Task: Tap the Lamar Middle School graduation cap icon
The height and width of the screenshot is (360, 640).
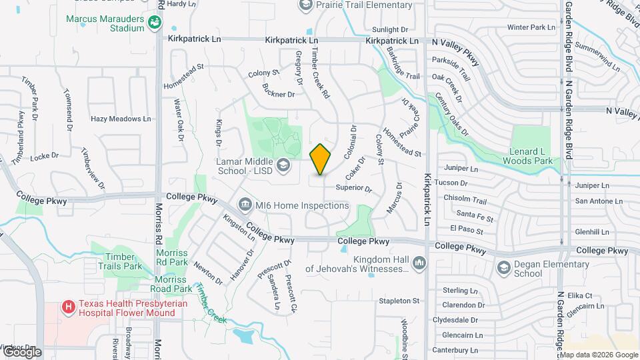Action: [x=283, y=164]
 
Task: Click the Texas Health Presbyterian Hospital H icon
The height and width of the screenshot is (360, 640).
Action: [x=67, y=307]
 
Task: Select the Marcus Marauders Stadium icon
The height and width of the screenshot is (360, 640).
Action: [x=155, y=23]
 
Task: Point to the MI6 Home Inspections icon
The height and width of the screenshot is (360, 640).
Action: [x=245, y=205]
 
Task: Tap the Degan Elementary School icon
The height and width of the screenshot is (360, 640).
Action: [x=504, y=268]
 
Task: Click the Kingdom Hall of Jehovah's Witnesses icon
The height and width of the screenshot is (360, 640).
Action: [x=419, y=263]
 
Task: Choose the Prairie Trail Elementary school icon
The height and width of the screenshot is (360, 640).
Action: [x=306, y=5]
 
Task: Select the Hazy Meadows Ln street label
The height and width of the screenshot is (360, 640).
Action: [x=121, y=119]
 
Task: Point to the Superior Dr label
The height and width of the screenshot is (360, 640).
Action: [x=353, y=189]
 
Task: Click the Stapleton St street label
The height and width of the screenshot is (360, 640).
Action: [x=399, y=301]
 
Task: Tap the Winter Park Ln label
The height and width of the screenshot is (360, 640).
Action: [x=531, y=27]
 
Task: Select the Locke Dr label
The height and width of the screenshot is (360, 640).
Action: [x=45, y=155]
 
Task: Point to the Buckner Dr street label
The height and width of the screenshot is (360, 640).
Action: [x=279, y=95]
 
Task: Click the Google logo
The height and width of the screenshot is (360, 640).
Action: [x=21, y=351]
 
